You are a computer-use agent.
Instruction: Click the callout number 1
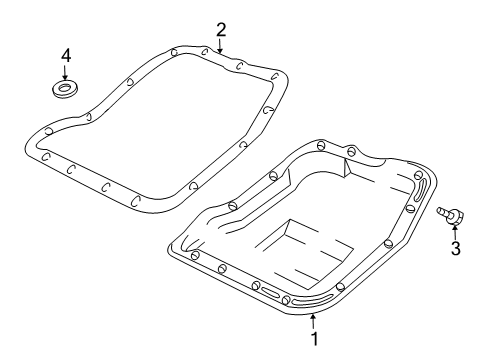pos(317,339)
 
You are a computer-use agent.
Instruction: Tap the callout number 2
pos(221,29)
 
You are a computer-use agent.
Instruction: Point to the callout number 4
pos(65,54)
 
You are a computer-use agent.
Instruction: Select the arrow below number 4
pos(65,74)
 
